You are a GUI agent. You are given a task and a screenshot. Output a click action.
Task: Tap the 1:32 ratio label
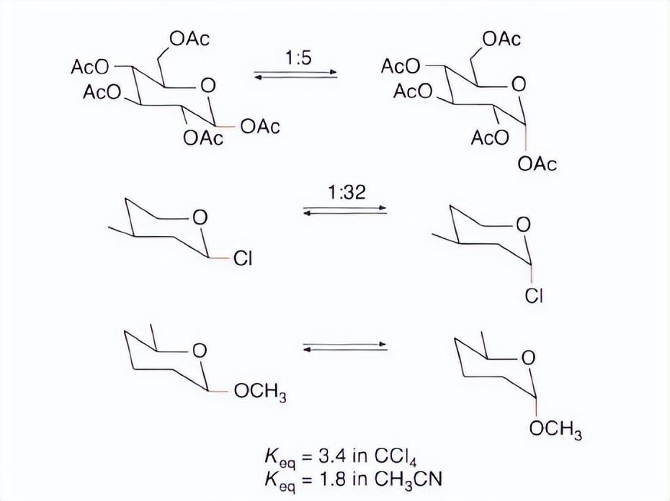pyautogui.click(x=346, y=192)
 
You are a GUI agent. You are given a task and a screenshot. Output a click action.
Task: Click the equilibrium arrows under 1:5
pyautogui.click(x=296, y=74)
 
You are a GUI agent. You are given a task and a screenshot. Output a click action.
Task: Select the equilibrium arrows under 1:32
pyautogui.click(x=345, y=210)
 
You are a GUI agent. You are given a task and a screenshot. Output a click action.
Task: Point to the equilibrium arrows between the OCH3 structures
pyautogui.click(x=345, y=348)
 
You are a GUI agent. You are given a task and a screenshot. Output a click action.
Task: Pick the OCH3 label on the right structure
pyautogui.click(x=555, y=431)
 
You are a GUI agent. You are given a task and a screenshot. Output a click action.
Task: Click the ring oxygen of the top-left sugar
pyautogui.click(x=207, y=86)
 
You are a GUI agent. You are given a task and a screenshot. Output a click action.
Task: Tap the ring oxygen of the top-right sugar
pyautogui.click(x=518, y=84)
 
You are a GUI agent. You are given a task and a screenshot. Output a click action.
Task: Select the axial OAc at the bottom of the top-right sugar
pyautogui.click(x=537, y=164)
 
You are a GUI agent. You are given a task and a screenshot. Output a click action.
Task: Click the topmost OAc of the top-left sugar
pyautogui.click(x=189, y=39)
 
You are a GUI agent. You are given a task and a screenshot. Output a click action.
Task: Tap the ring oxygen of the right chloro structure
pyautogui.click(x=524, y=225)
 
